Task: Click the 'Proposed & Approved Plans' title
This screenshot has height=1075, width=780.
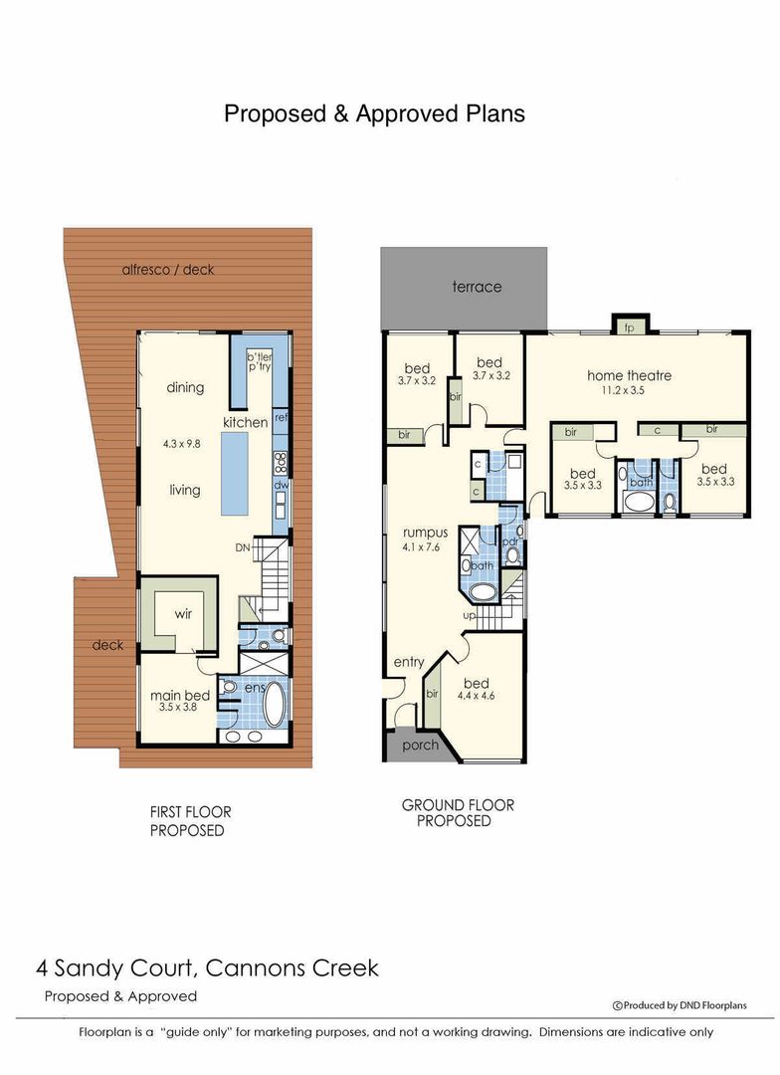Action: point(374,113)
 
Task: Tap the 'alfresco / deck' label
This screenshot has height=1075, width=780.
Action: point(167,269)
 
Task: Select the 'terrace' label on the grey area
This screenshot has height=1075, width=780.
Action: point(477,287)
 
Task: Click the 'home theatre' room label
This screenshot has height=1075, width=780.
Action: point(629,375)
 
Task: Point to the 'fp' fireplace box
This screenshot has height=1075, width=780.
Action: point(629,327)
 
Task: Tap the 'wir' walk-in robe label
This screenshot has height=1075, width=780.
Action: point(183,614)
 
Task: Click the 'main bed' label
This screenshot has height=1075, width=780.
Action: point(179,695)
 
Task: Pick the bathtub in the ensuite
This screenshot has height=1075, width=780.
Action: point(273,705)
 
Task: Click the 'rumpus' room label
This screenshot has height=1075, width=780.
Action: point(425,533)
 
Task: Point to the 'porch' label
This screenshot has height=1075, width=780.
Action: point(420,745)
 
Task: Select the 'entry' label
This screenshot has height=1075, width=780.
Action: point(409,662)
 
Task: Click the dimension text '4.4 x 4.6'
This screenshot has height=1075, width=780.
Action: point(477,696)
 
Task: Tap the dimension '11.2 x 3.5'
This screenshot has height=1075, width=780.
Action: point(629,391)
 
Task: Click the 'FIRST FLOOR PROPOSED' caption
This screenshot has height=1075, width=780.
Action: point(189,821)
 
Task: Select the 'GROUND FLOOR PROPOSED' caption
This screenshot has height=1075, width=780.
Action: point(458,813)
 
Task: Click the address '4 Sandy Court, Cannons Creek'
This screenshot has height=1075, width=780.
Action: point(207,967)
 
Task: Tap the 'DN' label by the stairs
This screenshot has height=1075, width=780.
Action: point(242,546)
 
